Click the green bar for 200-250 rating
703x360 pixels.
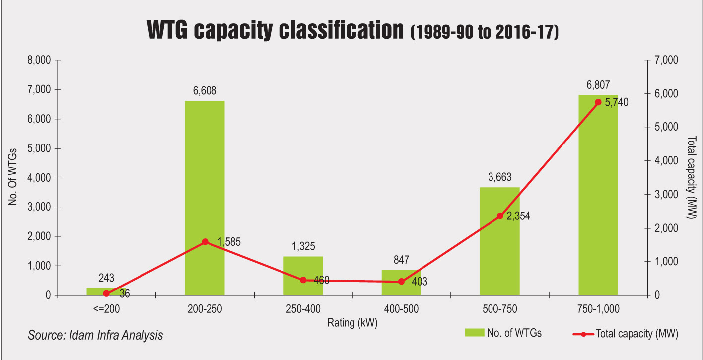(205, 198)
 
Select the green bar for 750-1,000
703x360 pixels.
(598, 195)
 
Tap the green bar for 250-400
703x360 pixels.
(303, 276)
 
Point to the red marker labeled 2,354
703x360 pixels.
(500, 216)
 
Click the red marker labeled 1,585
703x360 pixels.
(205, 242)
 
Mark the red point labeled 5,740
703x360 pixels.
(598, 102)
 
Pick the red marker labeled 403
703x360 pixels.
(402, 282)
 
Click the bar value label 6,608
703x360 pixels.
(205, 91)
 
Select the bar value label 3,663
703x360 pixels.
(499, 177)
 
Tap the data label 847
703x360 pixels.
(402, 260)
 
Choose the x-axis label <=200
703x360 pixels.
(106, 309)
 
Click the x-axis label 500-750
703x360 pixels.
(499, 309)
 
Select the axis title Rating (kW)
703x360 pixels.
(352, 323)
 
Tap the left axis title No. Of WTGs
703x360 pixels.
(12, 177)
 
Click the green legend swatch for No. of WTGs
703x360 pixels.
(475, 333)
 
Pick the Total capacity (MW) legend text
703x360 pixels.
(637, 334)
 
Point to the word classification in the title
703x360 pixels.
(341, 30)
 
